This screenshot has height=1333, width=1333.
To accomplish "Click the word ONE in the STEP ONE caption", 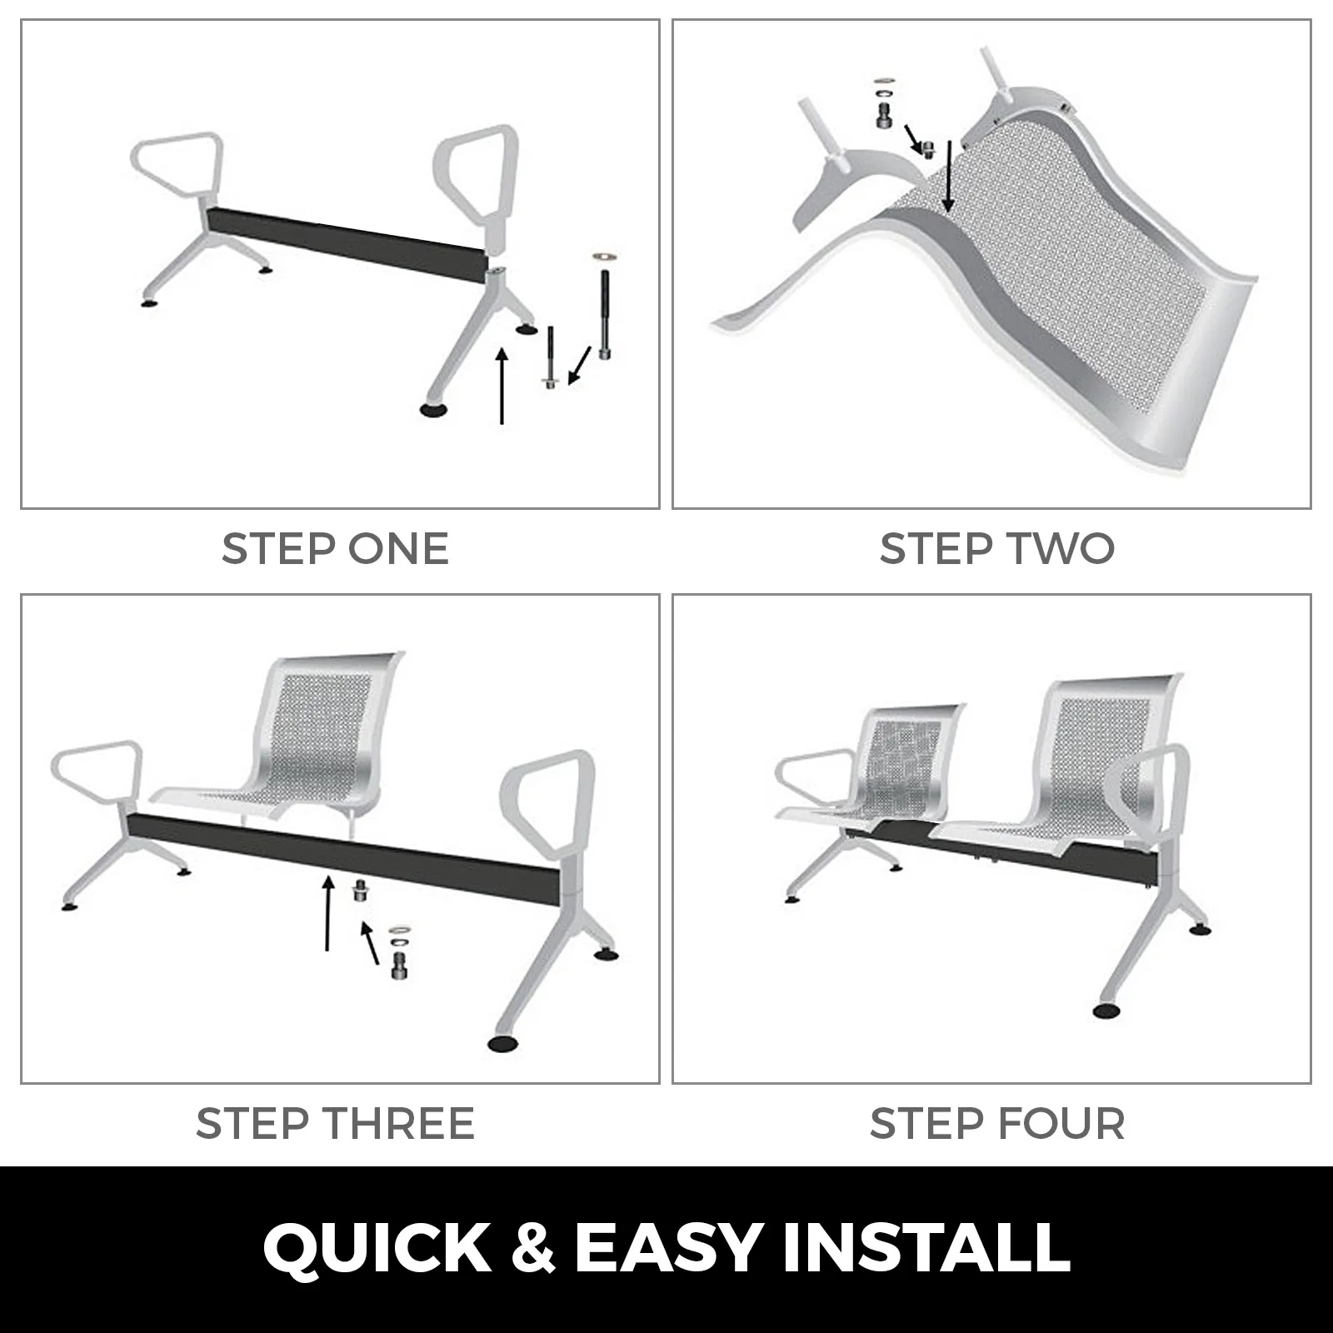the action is coord(398,549).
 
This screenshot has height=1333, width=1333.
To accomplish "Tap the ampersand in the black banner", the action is coord(533,1248).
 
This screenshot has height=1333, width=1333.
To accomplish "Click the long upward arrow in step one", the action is coord(502,386).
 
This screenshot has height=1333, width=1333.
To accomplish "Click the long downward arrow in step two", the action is coord(948,177).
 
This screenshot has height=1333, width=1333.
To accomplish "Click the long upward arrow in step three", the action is coord(328,912).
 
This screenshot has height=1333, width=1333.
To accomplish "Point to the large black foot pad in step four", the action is coord(1108,1011).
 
